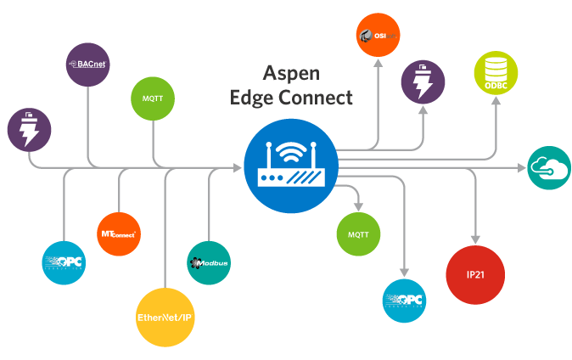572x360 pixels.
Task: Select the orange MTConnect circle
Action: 119,233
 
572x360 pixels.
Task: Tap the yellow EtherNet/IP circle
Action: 165,318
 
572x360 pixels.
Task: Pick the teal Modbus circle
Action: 209,262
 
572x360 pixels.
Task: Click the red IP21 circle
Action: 475,274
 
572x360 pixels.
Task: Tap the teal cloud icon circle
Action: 548,168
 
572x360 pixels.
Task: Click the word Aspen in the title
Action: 291,73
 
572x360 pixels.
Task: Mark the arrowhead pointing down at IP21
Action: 475,239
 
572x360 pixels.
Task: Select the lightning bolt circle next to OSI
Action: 423,82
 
